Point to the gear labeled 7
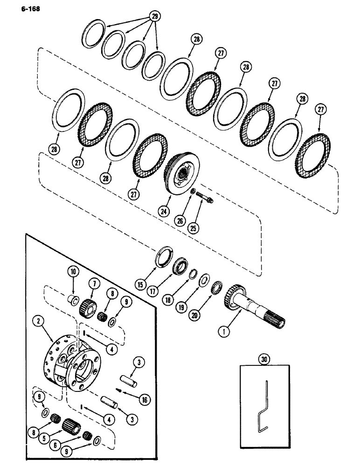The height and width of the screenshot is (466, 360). point(86,308)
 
